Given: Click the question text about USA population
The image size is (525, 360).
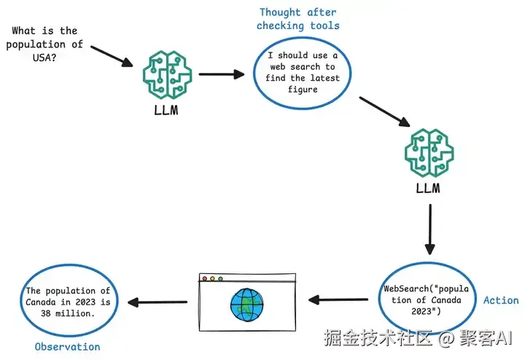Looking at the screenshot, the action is [44, 44].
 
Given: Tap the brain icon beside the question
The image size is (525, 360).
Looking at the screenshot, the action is [168, 74].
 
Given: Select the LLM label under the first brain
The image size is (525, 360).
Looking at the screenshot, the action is [166, 111].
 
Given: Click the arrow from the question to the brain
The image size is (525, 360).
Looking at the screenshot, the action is [112, 56].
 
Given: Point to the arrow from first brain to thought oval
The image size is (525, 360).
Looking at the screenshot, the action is [222, 74].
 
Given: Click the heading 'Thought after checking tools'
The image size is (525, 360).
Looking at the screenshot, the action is [298, 19].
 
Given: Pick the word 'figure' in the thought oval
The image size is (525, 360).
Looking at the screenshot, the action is [303, 90].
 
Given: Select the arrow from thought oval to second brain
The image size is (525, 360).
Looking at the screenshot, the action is [385, 111].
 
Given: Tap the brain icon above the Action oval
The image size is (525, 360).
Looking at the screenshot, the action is [429, 153].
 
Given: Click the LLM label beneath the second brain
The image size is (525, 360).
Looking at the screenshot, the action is [428, 188].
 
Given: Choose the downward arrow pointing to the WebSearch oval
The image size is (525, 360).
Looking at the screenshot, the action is [430, 230].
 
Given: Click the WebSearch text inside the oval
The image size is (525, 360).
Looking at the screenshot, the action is [427, 300].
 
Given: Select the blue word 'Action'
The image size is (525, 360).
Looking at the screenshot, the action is [501, 300].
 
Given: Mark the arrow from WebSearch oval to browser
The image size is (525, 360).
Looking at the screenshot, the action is [338, 300].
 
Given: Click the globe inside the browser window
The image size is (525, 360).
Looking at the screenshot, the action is [247, 305].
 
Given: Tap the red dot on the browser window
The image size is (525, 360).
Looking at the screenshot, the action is [205, 278].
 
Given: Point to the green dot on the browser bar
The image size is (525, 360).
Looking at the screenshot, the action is [220, 278].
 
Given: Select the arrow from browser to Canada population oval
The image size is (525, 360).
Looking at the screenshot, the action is [157, 302].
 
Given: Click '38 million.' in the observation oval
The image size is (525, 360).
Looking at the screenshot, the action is [68, 314].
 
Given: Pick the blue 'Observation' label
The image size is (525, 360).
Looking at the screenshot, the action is [68, 347].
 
